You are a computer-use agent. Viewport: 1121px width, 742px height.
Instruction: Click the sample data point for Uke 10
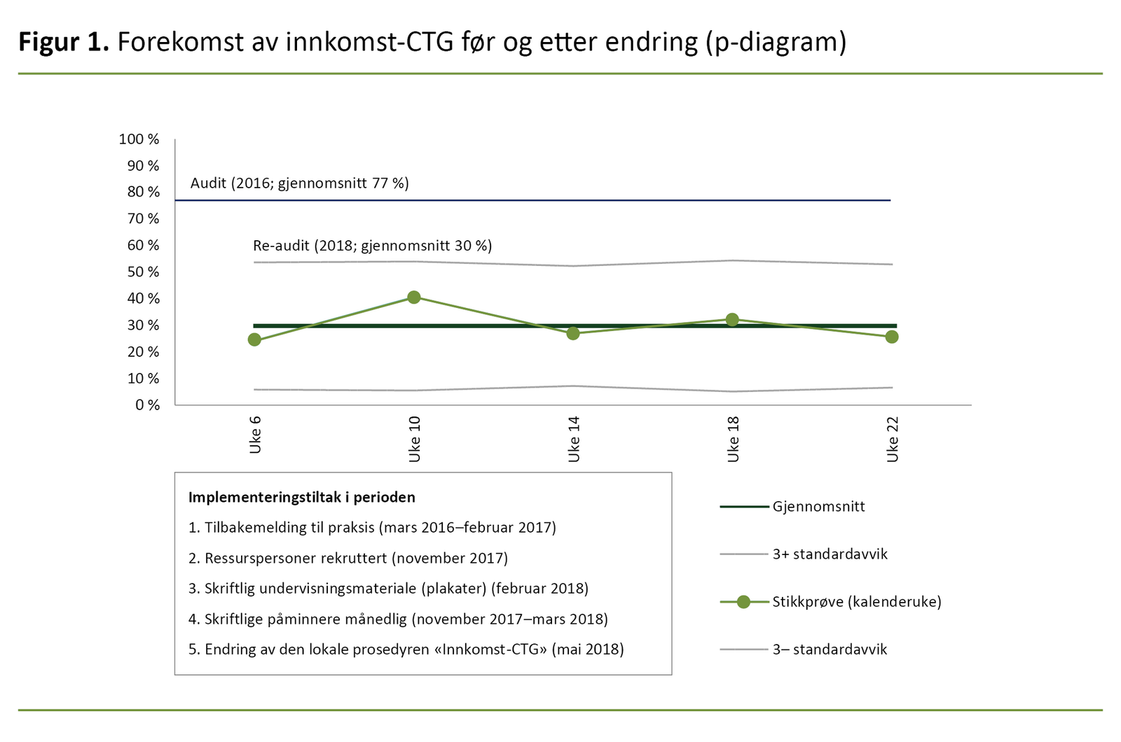coord(413,297)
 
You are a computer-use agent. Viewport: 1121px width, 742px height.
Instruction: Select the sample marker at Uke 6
coord(254,339)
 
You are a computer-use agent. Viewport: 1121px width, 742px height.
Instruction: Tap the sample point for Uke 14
coord(573,333)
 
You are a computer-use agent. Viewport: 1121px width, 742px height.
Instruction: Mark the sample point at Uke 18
coord(732,320)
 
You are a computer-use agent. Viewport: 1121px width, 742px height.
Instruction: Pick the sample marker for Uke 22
coord(892,337)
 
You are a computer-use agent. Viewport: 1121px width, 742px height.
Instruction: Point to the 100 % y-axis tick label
coord(139,139)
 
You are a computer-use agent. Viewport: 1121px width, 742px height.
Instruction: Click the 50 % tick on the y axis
coord(143,272)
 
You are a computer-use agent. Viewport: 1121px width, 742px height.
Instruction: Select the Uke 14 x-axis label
coord(574,439)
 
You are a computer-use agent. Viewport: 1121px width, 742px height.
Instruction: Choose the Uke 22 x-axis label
coord(893,439)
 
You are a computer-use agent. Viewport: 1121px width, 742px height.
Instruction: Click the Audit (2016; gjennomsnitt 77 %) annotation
coord(300,183)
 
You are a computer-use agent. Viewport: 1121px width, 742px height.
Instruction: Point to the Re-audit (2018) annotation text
coord(372,246)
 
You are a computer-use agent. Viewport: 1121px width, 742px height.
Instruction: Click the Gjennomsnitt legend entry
coord(818,507)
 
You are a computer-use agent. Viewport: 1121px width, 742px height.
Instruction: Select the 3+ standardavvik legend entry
coord(830,554)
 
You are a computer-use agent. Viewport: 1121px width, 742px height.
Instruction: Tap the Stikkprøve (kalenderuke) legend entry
coord(856,602)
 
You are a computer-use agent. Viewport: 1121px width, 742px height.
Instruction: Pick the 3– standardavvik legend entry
coord(830,650)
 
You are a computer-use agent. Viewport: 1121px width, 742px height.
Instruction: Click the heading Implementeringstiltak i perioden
coord(302,498)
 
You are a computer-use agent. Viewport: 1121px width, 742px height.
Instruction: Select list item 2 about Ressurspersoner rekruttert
coord(348,559)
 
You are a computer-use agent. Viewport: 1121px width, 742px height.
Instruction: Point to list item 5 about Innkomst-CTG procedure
coord(406,650)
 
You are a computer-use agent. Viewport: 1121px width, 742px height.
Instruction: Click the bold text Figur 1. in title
coord(64,43)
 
